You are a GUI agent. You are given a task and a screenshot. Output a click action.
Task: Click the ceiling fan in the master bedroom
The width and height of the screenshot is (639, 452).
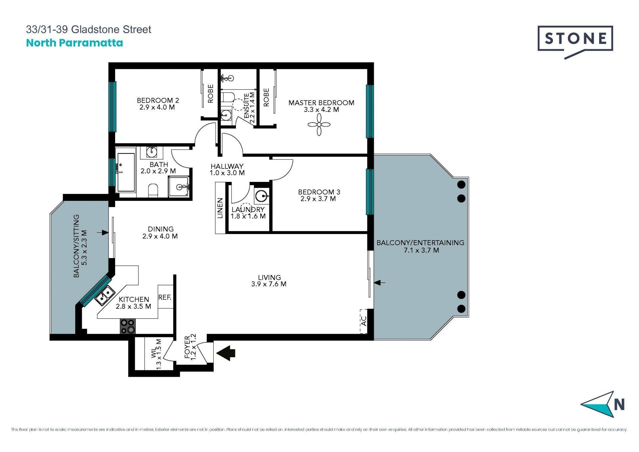coord(319,125)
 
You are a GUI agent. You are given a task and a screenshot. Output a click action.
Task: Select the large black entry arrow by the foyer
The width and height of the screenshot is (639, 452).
coord(226,353)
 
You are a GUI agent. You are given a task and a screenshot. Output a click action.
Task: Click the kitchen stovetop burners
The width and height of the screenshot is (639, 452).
coord(128,326)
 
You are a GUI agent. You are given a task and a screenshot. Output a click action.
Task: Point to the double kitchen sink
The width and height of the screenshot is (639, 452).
coord(104,296)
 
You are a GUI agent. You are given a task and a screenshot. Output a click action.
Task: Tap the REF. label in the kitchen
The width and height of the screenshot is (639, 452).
coord(165,297)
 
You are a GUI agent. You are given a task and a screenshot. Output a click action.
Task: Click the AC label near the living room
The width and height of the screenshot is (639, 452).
coord(364,321)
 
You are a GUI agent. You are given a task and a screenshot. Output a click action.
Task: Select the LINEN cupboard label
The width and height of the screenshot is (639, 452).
coord(220,208)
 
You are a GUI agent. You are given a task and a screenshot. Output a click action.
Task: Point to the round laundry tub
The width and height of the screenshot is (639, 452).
coord(262,196)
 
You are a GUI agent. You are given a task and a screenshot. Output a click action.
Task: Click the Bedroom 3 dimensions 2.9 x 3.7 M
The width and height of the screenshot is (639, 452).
coord(318,199)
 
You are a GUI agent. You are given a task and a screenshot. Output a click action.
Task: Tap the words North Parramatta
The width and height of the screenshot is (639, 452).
coord(75,43)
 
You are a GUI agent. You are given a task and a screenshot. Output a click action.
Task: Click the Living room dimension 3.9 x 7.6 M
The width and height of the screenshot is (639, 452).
coord(269,284)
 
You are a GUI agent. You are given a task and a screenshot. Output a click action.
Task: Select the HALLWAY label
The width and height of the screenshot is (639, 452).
coord(227,166)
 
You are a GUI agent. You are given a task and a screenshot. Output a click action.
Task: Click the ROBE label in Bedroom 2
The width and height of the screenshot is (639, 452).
coord(211,94)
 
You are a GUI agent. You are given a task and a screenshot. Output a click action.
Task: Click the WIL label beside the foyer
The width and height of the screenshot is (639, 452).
coord(154,353)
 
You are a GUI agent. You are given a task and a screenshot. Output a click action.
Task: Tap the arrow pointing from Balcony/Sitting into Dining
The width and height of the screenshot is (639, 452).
coord(103,232)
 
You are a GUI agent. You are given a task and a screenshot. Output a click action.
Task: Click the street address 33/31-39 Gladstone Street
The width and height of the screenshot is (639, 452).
coord(89,29)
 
